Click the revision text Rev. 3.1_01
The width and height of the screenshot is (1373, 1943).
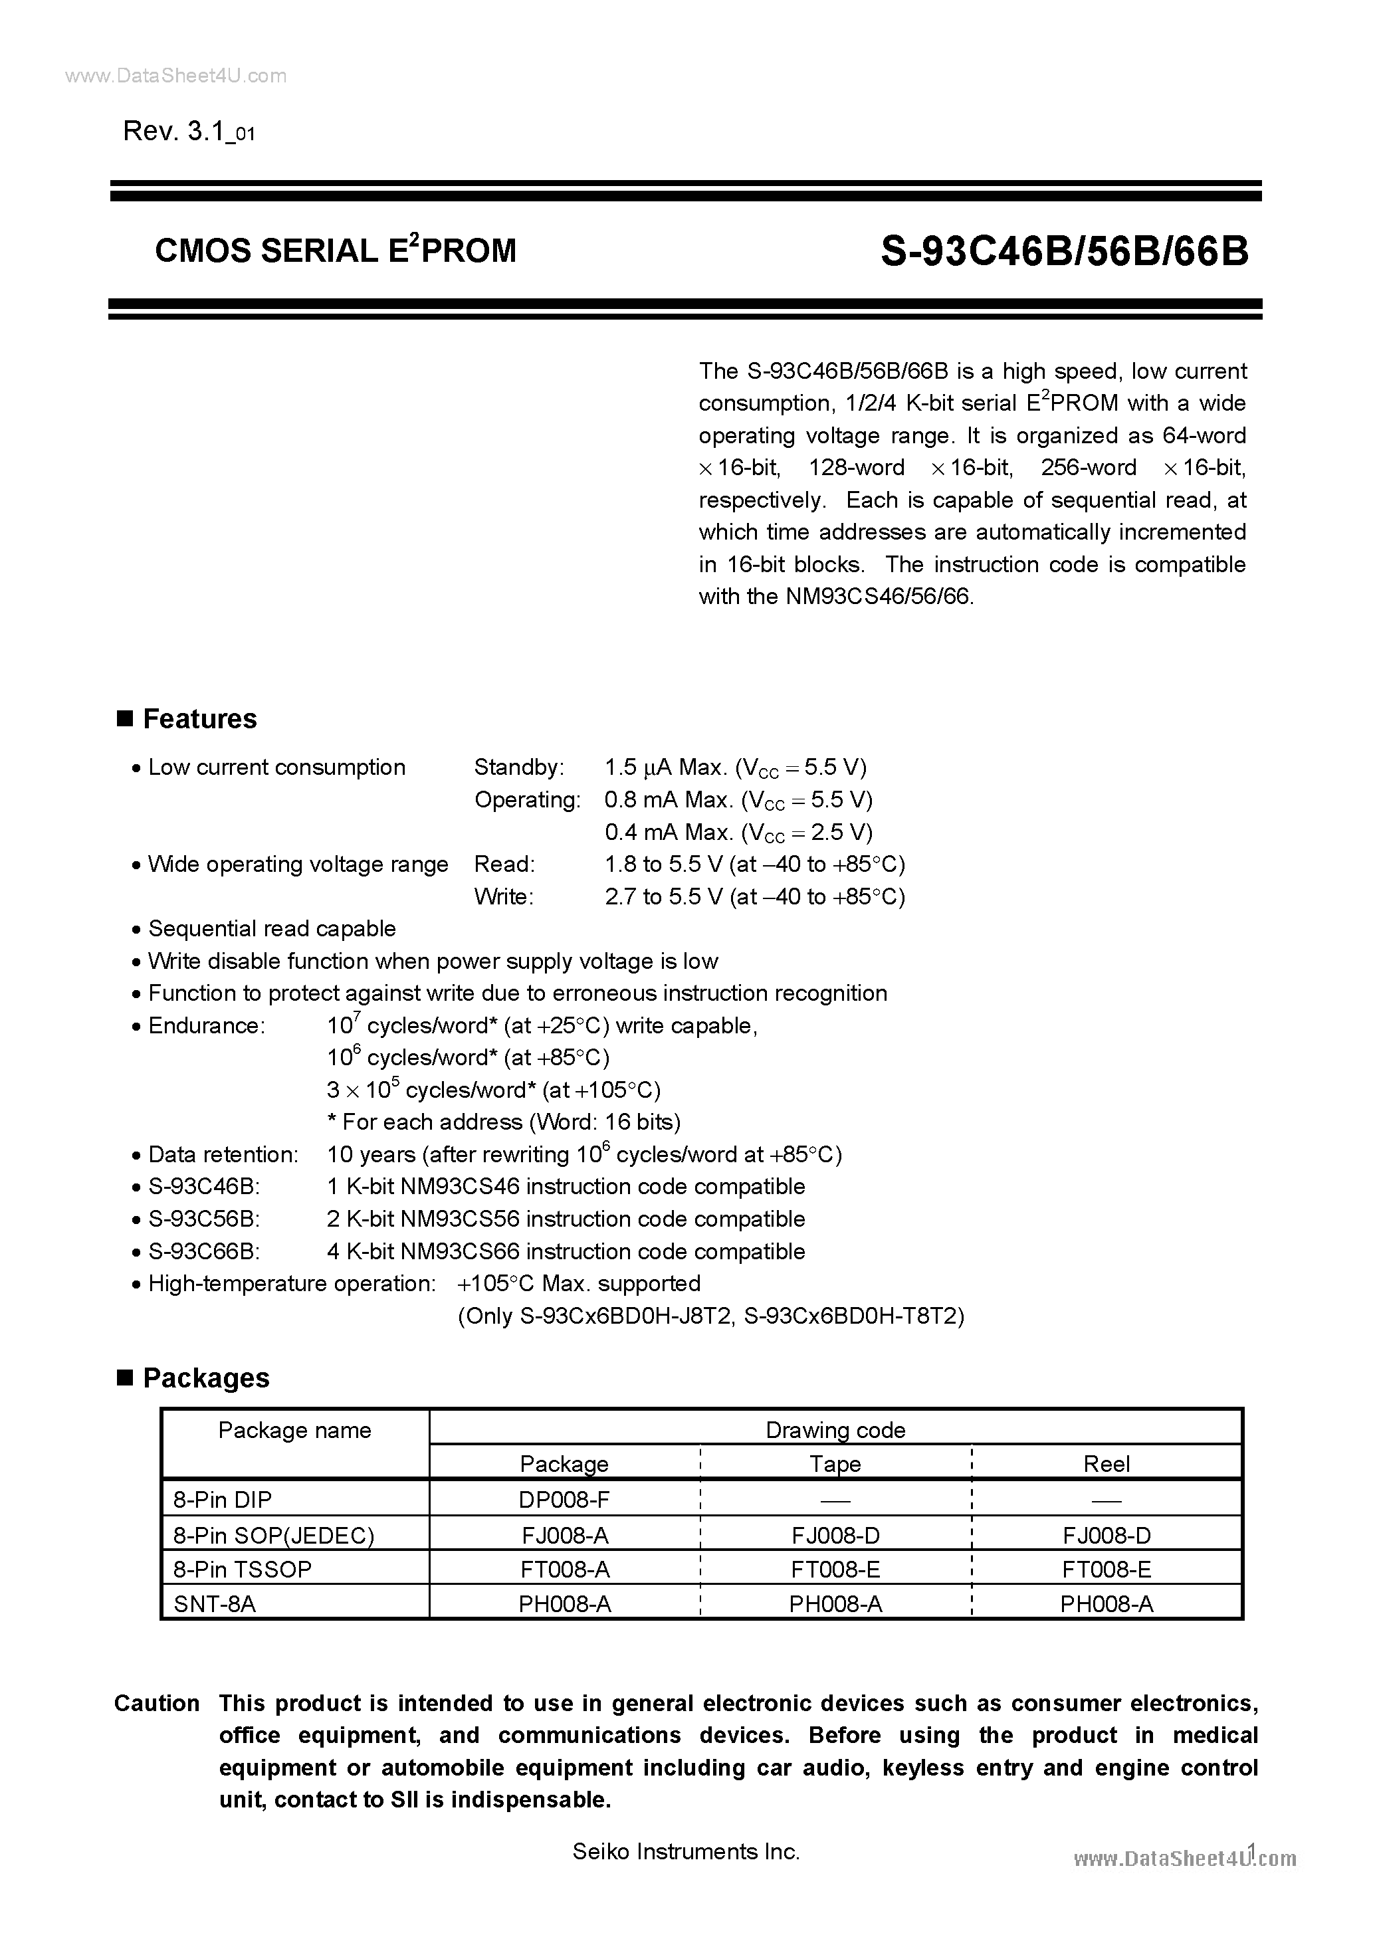[x=189, y=132]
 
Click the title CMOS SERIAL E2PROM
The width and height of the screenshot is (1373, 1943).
[x=335, y=251]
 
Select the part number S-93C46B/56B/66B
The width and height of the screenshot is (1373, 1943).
[x=1064, y=251]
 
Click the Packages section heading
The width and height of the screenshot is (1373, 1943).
[x=206, y=1378]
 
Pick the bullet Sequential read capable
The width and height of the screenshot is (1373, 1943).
[x=272, y=929]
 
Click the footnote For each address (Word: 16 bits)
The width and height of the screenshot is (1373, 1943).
[x=504, y=1122]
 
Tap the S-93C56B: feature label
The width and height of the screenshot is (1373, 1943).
[x=203, y=1219]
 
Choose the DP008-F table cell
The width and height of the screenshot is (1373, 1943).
[x=564, y=1500]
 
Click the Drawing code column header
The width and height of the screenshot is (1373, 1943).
[x=835, y=1430]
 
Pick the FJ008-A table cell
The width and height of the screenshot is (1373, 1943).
[x=564, y=1534]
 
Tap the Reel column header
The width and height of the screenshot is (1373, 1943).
[x=1107, y=1464]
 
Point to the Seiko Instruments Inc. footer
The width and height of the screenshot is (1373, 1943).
[x=686, y=1851]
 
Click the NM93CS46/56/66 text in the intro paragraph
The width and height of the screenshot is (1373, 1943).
[x=879, y=597]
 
